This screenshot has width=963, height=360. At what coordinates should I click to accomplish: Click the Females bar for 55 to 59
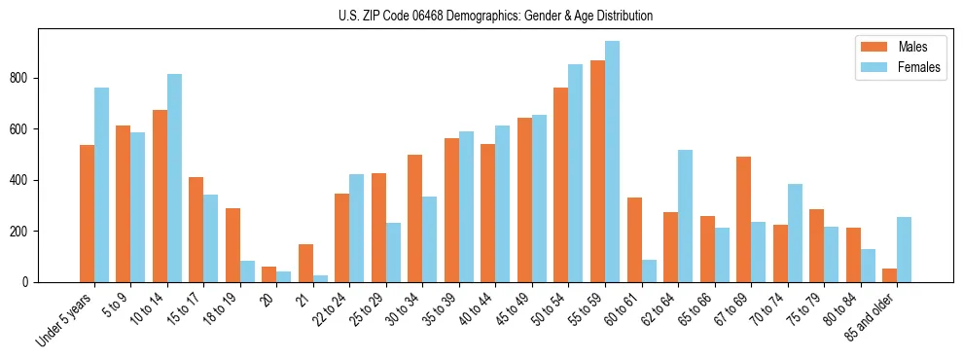click(x=612, y=162)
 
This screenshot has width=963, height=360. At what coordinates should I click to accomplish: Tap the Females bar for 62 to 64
click(x=685, y=216)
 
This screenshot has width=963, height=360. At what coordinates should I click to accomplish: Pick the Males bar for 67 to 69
click(x=743, y=219)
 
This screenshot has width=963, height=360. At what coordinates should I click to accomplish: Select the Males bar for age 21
click(x=305, y=263)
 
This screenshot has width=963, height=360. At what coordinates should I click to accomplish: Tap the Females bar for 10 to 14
click(x=174, y=178)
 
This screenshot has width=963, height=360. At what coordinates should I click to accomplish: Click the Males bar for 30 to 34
click(x=415, y=218)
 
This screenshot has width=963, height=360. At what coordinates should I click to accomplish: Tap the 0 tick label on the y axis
click(x=30, y=282)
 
